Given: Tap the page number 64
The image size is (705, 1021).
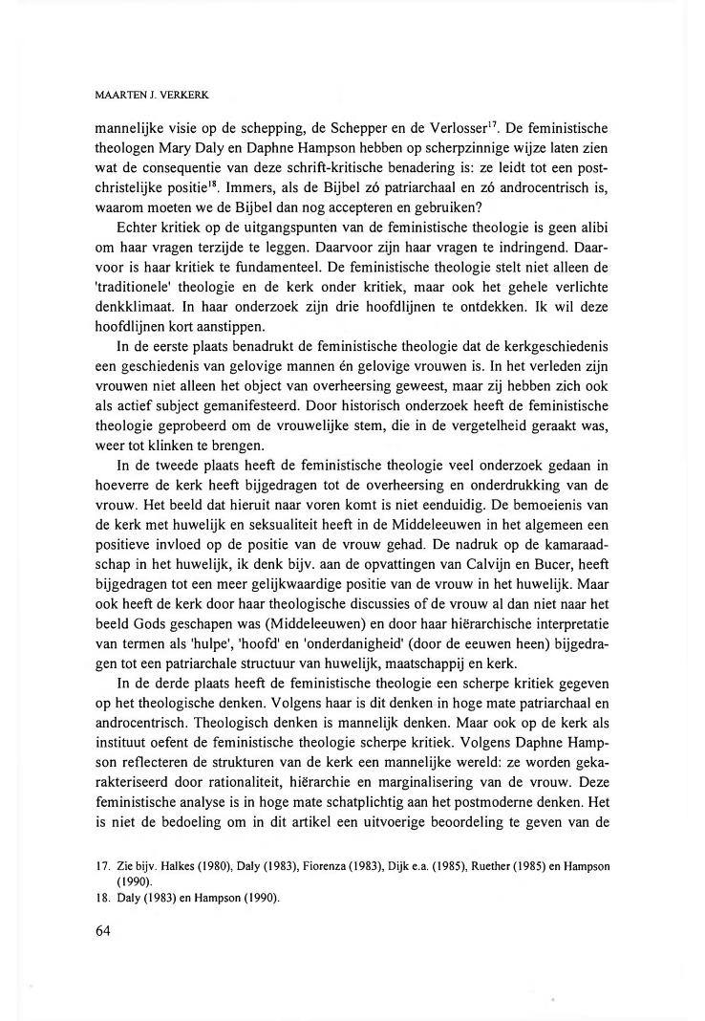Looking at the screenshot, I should point(105,933).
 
